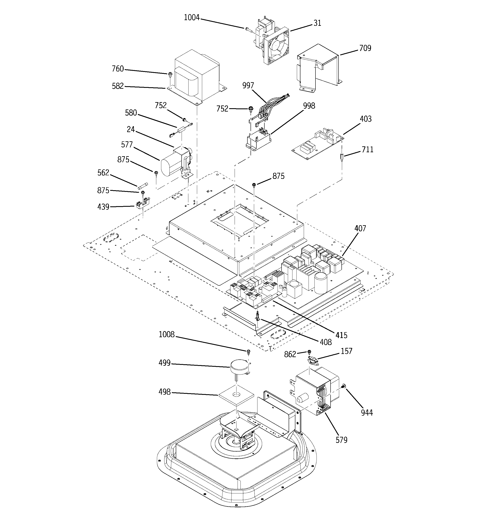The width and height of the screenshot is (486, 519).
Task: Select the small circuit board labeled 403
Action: (317, 144)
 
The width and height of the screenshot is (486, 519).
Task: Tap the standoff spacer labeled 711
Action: (342, 158)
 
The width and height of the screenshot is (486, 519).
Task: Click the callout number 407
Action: (360, 228)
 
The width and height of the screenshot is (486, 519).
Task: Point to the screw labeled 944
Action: (344, 386)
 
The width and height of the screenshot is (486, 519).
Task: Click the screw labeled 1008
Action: (248, 351)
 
